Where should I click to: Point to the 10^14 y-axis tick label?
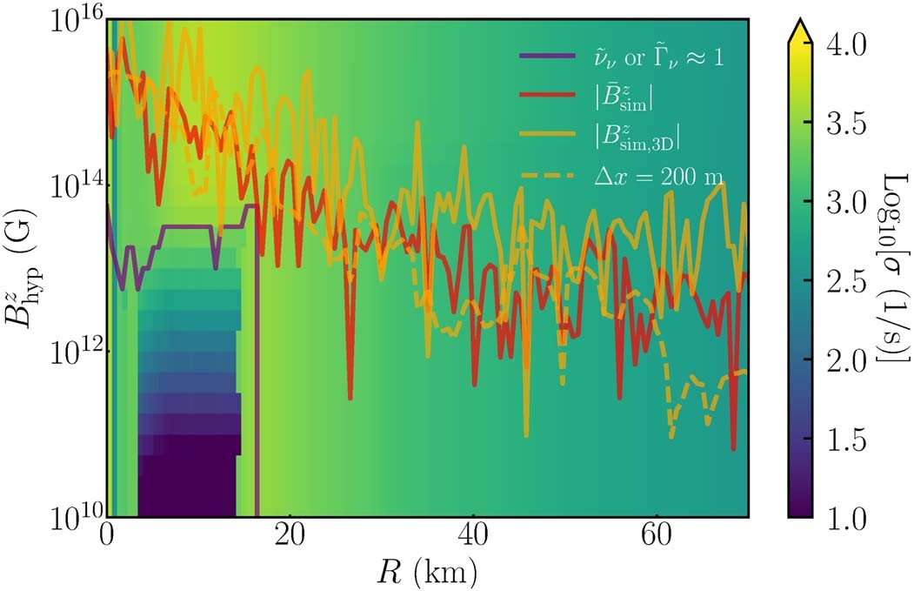78,185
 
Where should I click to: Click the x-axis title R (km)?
427,572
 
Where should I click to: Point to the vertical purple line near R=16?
257,392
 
